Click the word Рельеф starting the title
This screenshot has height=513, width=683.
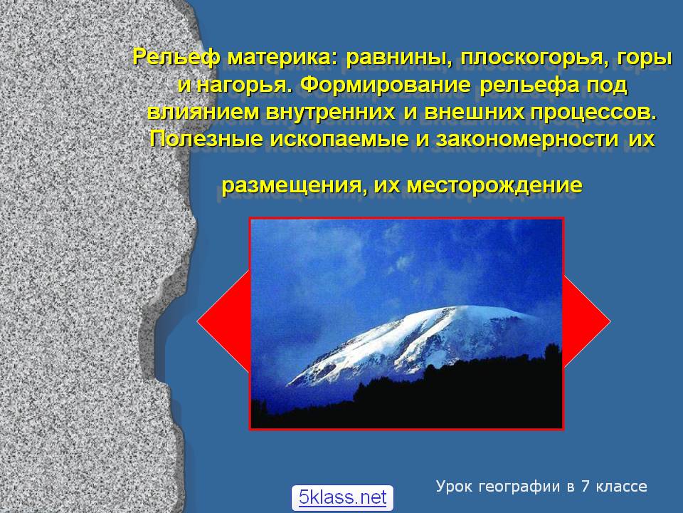[x=176, y=58]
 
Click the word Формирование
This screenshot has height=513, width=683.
[x=386, y=85]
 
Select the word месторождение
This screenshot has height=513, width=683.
[x=494, y=186]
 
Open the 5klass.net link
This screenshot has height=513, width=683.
[x=342, y=497]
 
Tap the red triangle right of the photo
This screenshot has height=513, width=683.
[x=585, y=322]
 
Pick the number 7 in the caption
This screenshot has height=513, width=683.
[x=585, y=486]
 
